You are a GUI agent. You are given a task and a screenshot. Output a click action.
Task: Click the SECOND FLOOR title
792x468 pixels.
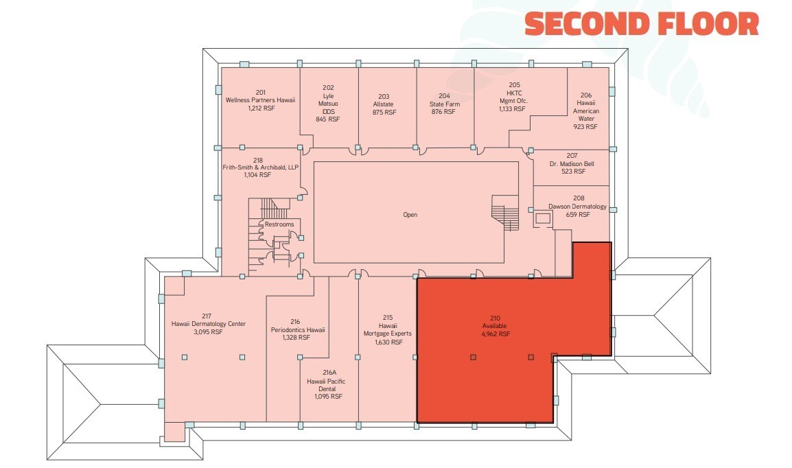pos(642,24)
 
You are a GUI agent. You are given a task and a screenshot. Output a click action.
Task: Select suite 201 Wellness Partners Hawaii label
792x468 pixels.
pos(261,100)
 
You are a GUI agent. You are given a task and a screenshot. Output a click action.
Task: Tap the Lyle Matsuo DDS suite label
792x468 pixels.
pos(328,104)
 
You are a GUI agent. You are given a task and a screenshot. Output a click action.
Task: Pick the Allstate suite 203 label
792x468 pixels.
pos(384,104)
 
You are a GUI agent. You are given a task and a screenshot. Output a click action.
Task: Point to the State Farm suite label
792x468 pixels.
pos(445,104)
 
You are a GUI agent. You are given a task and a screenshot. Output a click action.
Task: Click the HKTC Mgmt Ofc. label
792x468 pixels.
pos(513,97)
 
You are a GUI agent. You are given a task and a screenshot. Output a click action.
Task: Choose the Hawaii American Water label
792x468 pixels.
pos(586,110)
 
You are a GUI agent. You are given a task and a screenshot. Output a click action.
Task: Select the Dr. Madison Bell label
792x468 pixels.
pos(572,163)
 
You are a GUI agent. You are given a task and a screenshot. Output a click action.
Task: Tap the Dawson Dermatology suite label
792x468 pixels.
pos(578,207)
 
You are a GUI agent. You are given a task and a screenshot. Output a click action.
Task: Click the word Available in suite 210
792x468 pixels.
pos(495,326)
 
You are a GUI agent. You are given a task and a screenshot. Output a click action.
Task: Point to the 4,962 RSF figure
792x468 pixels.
pos(496,334)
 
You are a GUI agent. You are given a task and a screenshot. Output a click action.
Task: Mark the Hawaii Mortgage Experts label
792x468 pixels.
pos(388,329)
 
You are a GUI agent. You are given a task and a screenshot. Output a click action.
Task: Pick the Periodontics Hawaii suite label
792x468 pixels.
pos(297,329)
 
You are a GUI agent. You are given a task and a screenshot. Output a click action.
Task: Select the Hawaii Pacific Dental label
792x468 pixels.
pos(327,385)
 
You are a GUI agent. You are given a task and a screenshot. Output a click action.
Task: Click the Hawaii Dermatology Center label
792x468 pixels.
pos(208,324)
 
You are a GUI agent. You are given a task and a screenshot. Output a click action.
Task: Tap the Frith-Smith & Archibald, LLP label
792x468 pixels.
pos(260,167)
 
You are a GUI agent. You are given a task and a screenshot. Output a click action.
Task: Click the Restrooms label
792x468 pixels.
pos(279,224)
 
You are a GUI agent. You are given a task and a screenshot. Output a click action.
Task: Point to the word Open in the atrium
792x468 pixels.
pos(410,215)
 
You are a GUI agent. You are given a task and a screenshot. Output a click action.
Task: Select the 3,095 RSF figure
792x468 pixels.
pos(208,332)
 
